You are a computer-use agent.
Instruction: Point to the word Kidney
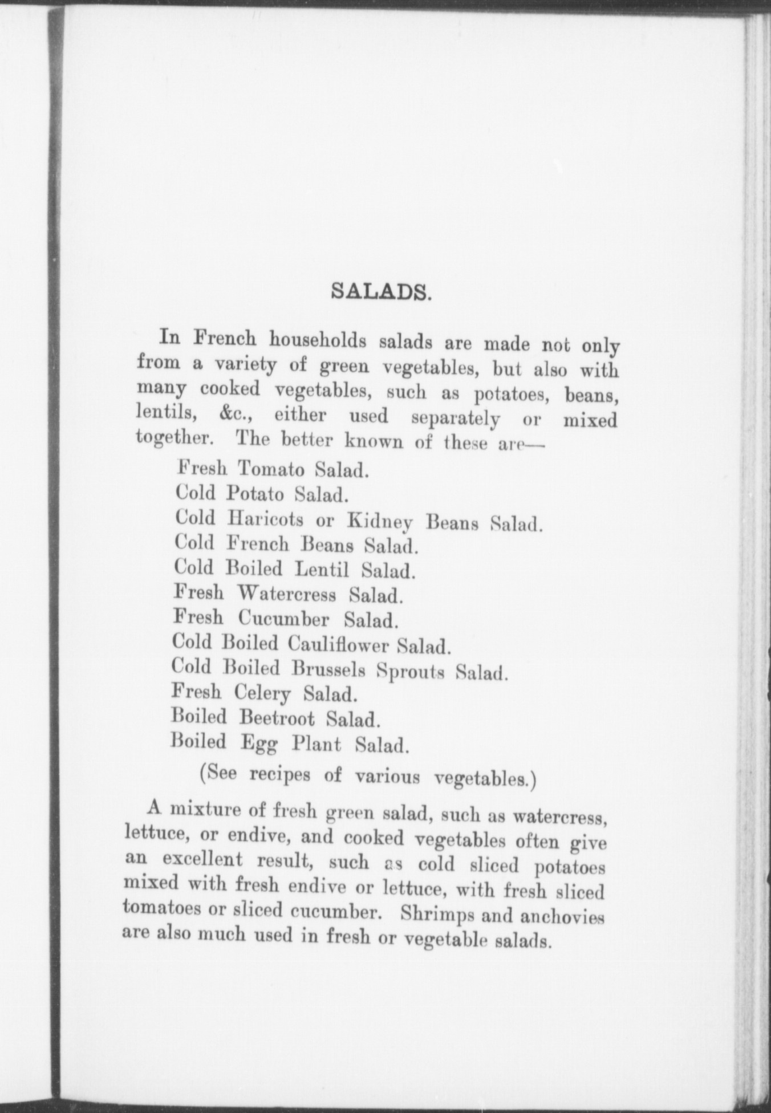click(380, 522)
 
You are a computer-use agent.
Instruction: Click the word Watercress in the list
click(287, 594)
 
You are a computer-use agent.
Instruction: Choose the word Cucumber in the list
click(283, 619)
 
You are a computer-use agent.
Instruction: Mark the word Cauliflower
click(338, 645)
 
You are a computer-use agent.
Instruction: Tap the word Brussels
click(328, 669)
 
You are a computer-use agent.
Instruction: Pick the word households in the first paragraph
click(318, 340)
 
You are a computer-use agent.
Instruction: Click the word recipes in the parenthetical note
click(281, 775)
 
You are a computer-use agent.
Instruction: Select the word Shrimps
click(436, 913)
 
